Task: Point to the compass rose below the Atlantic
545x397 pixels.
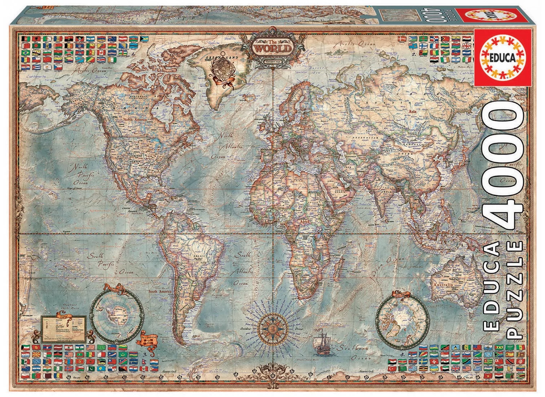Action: tap(271, 328)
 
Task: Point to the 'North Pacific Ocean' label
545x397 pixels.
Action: tap(82, 175)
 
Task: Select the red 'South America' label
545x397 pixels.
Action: tap(160, 291)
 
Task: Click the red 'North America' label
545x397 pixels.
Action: tap(135, 119)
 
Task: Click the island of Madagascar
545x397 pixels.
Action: tap(338, 267)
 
